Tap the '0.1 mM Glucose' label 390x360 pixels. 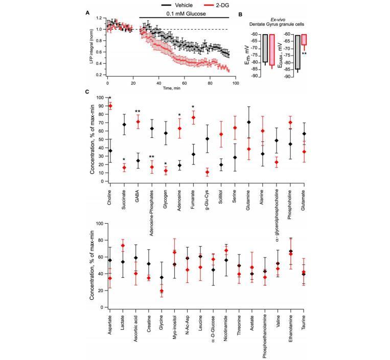183,14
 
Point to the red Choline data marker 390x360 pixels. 110,106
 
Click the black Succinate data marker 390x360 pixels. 124,125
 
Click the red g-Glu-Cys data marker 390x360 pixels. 207,172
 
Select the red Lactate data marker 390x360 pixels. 124,246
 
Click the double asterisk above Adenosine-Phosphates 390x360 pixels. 152,157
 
